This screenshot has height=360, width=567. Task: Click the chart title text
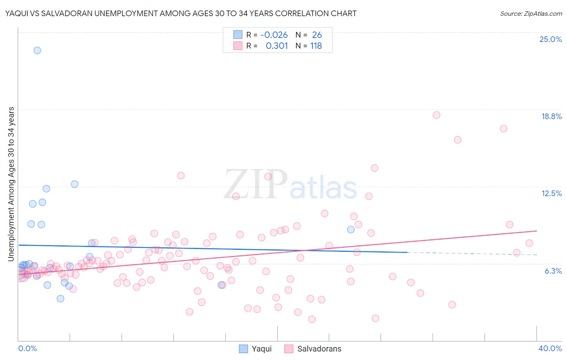pos(181,13)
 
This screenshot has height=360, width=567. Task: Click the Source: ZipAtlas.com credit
pos(531,13)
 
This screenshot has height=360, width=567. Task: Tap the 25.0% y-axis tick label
pos(550,39)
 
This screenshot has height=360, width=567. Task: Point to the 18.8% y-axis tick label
pos(551,116)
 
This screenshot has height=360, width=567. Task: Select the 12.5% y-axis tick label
pos(551,193)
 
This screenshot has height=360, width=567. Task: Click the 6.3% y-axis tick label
pos(553,271)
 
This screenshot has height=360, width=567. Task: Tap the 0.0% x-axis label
pos(27,348)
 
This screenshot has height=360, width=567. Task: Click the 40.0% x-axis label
pos(550,348)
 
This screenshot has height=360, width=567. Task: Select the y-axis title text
pos(11,184)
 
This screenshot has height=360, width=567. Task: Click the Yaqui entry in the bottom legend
pos(261,349)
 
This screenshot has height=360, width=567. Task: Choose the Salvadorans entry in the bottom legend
pos(319,349)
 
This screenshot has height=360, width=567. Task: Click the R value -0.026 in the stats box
pos(274,35)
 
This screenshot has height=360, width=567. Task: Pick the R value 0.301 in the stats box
pos(277,46)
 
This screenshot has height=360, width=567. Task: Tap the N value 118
pos(316,46)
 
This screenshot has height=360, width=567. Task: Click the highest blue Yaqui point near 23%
pos(37,50)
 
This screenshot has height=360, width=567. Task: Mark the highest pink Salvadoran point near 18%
pos(436,115)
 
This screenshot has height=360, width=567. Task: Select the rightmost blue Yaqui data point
pos(351,230)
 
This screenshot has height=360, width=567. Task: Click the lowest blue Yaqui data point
pos(60,299)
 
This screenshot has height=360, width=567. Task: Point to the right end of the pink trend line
pos(536,231)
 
